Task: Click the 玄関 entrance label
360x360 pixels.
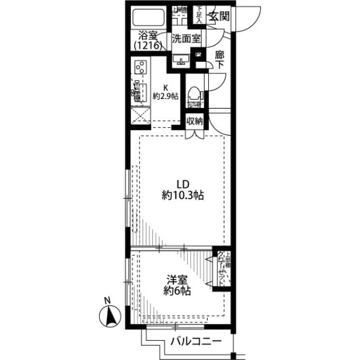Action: (x=219, y=16)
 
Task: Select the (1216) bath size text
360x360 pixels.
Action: (x=148, y=46)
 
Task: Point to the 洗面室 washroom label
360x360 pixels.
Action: (x=186, y=39)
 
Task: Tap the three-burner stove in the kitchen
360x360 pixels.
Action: (x=141, y=68)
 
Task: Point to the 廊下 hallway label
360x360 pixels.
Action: (x=220, y=60)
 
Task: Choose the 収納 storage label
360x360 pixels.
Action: (x=195, y=120)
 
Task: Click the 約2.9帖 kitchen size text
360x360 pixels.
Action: (x=165, y=96)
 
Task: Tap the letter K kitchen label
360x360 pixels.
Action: (x=165, y=87)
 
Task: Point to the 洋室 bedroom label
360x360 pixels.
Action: (x=176, y=280)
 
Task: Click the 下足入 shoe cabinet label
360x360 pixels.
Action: (x=200, y=13)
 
